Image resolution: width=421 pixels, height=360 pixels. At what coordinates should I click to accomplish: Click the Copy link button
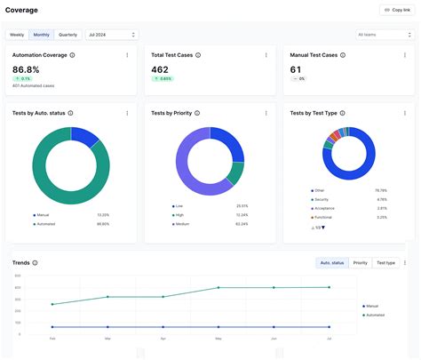394,10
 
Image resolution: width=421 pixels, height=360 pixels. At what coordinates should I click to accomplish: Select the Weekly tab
17,35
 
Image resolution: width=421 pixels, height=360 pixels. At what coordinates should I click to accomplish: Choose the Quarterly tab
68,35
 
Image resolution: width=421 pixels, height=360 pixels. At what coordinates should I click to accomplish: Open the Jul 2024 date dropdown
111,35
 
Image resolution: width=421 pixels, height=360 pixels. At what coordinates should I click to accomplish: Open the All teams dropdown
381,35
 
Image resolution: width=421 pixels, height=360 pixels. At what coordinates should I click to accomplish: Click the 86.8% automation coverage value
26,69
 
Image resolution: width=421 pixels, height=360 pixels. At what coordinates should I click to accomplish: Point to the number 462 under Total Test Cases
160,69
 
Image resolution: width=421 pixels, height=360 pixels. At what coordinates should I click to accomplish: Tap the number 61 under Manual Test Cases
296,69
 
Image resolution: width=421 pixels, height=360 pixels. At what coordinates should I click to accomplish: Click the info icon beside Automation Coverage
72,55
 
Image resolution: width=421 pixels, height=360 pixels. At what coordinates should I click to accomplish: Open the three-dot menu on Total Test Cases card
266,55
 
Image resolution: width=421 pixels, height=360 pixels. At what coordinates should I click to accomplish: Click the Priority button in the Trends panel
361,263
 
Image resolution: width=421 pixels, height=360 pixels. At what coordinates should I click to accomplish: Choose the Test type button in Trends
385,263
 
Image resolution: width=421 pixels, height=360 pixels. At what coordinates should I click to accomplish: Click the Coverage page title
21,10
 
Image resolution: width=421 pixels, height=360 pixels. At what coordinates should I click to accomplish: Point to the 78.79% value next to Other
380,190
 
